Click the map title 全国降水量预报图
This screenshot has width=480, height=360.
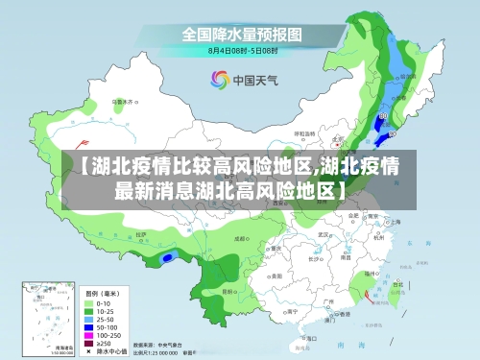click(242, 34)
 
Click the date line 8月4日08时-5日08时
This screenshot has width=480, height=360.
click(242, 50)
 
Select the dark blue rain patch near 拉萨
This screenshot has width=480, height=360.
click(169, 256)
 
